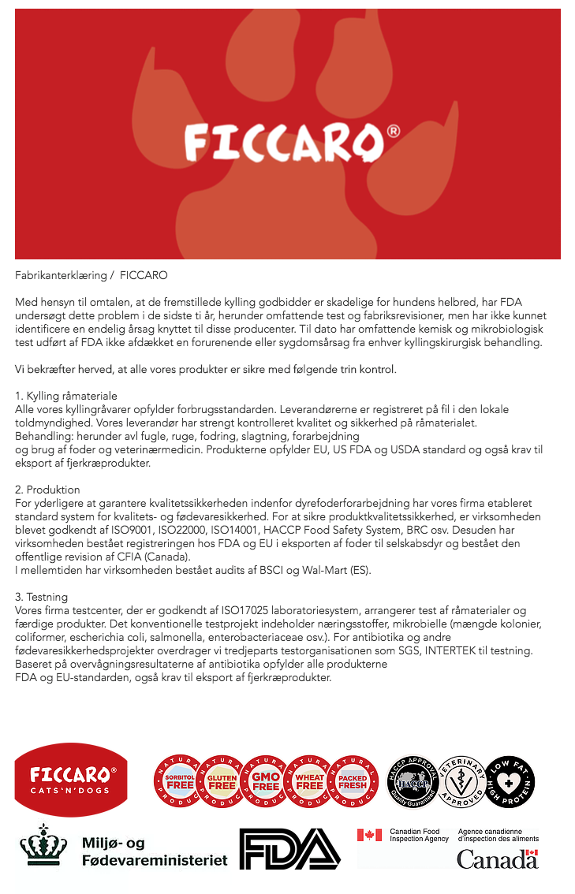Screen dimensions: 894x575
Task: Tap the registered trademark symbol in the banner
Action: click(393, 132)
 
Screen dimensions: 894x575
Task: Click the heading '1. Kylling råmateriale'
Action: click(66, 395)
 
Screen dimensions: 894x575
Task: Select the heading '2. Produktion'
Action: click(48, 490)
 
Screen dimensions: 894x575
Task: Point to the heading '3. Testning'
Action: click(42, 597)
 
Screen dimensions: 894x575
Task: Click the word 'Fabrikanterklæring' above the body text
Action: click(60, 275)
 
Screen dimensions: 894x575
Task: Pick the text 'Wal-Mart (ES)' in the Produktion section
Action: click(334, 570)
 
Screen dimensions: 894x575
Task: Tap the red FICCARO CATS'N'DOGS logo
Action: click(72, 779)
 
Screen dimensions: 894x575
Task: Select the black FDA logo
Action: click(289, 849)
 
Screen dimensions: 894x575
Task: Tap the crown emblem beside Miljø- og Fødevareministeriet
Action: click(43, 847)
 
